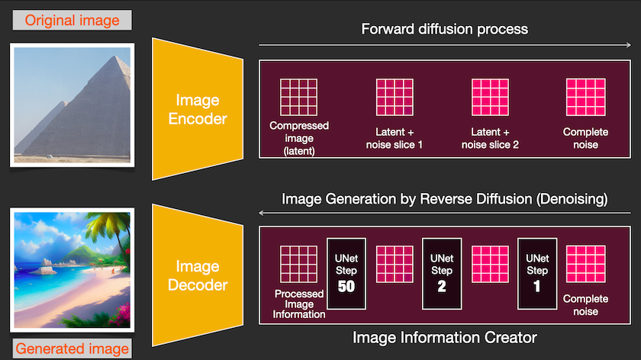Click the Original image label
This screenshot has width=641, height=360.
click(x=72, y=20)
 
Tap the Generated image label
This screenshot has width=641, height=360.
click(x=72, y=349)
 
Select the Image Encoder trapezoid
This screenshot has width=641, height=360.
click(x=198, y=109)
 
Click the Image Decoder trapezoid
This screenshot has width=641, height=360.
click(x=198, y=275)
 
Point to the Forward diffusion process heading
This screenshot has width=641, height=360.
click(x=444, y=29)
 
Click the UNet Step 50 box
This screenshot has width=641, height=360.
click(x=346, y=274)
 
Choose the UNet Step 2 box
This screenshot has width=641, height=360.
click(x=442, y=274)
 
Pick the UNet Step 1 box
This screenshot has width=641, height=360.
click(x=537, y=274)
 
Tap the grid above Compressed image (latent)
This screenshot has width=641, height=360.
click(x=299, y=98)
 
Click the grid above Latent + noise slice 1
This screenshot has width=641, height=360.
click(x=395, y=98)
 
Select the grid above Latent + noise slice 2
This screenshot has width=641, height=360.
click(x=490, y=98)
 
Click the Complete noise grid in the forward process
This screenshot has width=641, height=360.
click(x=586, y=98)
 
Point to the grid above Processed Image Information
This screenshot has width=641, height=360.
click(x=299, y=265)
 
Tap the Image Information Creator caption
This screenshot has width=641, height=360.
click(x=444, y=338)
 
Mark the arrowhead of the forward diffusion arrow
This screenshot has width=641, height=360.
click(x=629, y=45)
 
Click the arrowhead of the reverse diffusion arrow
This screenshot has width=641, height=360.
click(x=262, y=213)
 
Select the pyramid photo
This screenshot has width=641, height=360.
click(x=72, y=105)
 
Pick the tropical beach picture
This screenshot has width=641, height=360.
click(x=72, y=270)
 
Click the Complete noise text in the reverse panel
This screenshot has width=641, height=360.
click(x=585, y=305)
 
